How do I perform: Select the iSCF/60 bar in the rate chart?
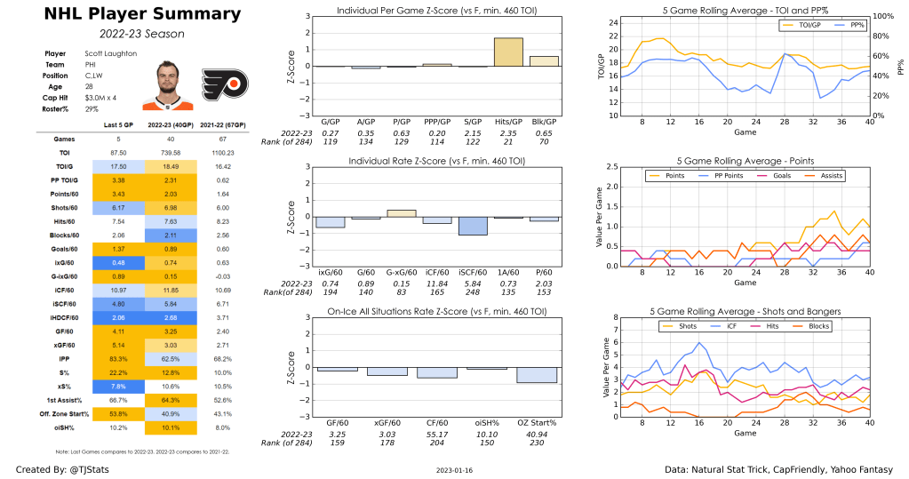472,226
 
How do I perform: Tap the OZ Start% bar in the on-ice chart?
545,375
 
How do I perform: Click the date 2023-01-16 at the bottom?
455,469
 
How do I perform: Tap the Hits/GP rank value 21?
508,142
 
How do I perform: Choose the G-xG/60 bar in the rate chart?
402,213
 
